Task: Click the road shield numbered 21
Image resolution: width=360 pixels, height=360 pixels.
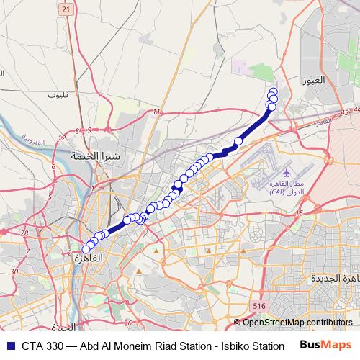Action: [66, 9]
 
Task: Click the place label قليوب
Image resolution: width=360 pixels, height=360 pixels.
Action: [57, 94]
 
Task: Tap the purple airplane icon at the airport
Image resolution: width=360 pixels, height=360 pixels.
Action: [287, 174]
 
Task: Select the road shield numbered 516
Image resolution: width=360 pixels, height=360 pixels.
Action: [259, 306]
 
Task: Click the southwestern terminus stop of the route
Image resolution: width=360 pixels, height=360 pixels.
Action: [86, 249]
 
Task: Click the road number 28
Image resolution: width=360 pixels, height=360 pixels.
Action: [24, 233]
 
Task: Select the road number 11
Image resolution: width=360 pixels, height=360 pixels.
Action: [156, 112]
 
